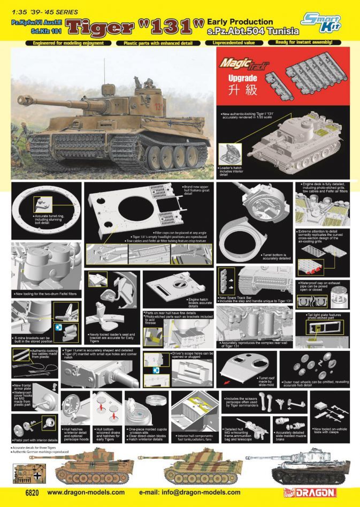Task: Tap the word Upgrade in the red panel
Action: (x=241, y=78)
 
